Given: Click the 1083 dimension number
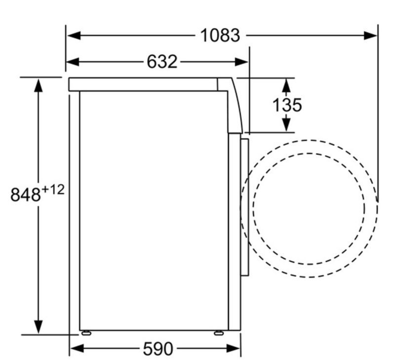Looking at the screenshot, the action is coord(220,36).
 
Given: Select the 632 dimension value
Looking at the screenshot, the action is coord(162,62).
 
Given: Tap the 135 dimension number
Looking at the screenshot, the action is coord(287,105).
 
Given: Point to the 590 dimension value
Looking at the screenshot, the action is coord(158,349).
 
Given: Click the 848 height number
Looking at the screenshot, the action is coord(26,195).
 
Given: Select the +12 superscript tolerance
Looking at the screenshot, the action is coord(53,190).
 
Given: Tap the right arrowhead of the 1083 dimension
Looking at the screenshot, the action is coord(370,36).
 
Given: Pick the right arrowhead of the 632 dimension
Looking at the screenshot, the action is coord(241,62).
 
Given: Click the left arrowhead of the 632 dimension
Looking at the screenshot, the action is coord(73,62).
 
